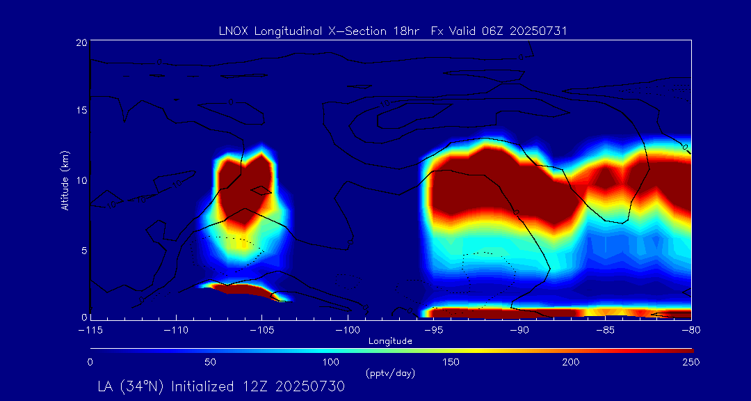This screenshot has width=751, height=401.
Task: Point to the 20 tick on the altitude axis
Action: coord(81,42)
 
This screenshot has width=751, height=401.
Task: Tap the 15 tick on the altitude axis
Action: coord(81,111)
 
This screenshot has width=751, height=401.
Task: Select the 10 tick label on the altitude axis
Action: coord(81,180)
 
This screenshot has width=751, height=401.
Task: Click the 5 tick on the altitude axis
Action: coord(83,249)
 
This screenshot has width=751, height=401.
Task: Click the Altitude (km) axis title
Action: coord(65,180)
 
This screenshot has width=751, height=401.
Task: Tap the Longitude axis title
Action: coord(390,341)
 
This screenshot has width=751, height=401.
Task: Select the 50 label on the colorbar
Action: coord(210,362)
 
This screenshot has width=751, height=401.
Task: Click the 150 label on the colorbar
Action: coord(451,362)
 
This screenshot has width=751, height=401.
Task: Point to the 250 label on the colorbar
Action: coord(691,362)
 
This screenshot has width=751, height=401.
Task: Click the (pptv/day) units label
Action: coord(390,374)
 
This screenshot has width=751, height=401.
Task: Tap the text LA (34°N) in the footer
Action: coord(131,386)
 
